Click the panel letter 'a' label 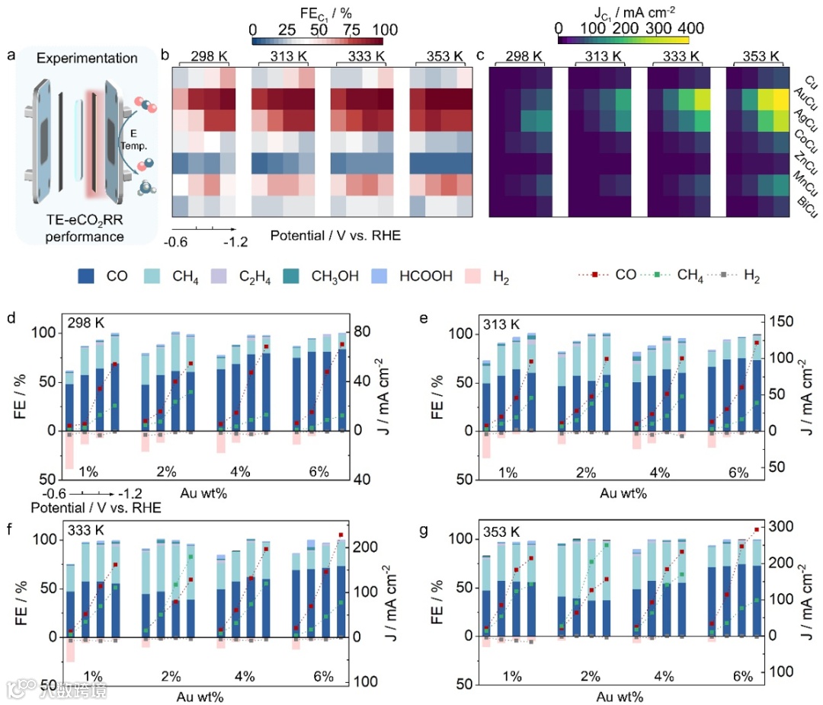(x=11, y=56)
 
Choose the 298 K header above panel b (x=203, y=56)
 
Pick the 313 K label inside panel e (x=501, y=326)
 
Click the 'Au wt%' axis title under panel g (x=621, y=697)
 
